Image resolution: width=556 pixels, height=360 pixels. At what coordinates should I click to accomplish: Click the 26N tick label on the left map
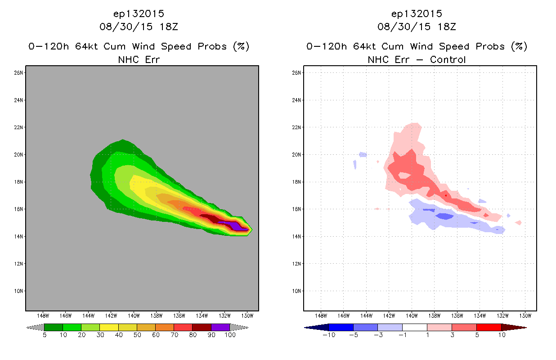[x=18, y=73]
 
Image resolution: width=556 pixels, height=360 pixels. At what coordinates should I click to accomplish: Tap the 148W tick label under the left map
[x=43, y=316]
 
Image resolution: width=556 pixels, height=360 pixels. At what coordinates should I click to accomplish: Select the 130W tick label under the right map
[x=525, y=316]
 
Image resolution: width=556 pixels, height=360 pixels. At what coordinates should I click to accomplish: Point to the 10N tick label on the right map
[x=296, y=291]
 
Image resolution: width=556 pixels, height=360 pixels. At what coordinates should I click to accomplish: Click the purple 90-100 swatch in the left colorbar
[x=220, y=327]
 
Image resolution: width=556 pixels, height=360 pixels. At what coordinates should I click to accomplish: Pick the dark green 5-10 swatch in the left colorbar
[x=54, y=327]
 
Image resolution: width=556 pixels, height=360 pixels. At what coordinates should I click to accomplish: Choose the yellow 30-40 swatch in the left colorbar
[x=109, y=327]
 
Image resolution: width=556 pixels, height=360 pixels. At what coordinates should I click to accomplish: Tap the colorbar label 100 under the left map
[x=230, y=335]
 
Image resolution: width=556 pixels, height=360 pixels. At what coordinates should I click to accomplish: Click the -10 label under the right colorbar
[x=329, y=335]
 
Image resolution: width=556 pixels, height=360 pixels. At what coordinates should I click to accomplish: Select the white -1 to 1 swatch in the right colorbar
[x=414, y=327]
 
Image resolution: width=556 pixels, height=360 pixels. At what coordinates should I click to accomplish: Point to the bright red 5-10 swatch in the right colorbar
[x=489, y=327]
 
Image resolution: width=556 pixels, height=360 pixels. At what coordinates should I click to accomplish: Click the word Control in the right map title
[x=448, y=59]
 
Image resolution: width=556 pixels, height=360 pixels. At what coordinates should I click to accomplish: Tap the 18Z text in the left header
[x=169, y=27]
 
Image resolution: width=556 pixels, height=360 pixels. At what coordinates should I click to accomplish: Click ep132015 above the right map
[x=417, y=14]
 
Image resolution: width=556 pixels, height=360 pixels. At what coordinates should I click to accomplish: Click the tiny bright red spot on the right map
[x=446, y=196]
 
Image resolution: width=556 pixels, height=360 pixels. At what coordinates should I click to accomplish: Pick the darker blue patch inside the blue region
[x=445, y=216]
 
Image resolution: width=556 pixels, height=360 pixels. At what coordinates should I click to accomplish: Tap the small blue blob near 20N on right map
[x=363, y=154]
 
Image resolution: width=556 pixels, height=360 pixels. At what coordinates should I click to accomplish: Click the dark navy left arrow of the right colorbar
[x=317, y=327]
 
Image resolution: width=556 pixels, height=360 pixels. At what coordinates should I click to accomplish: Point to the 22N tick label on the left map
[x=18, y=127]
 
